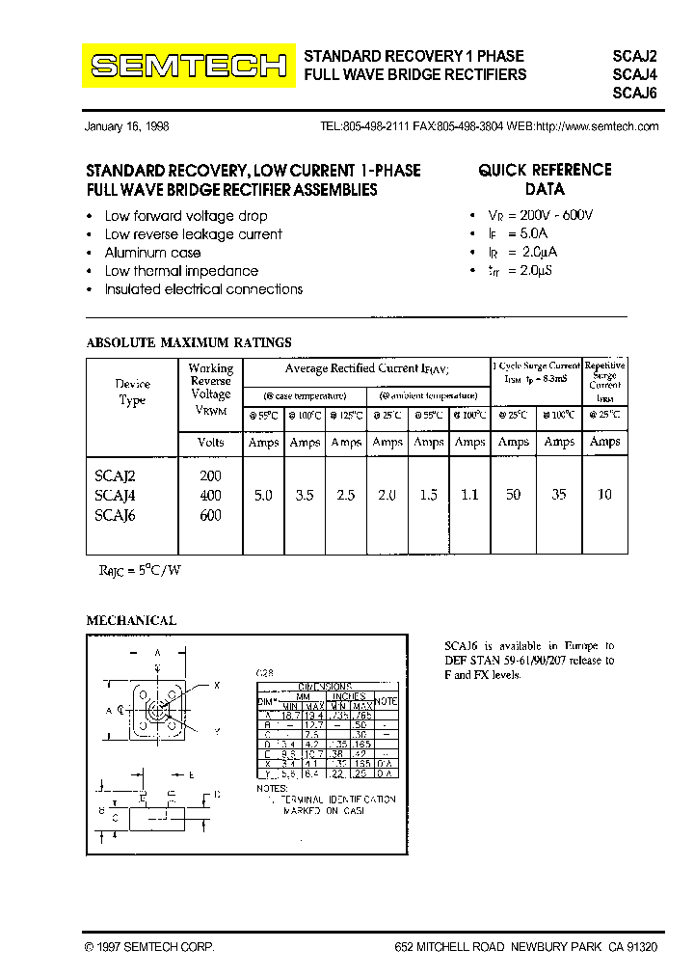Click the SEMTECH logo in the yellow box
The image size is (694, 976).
coord(188,66)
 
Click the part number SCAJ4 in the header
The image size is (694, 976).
coord(634,74)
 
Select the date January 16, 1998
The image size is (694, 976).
coord(126,126)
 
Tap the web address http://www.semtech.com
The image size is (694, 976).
coord(597,126)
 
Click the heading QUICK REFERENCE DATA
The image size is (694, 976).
coord(545,179)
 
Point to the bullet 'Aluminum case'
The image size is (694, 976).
coord(152,253)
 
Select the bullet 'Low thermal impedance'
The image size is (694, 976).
coord(181,271)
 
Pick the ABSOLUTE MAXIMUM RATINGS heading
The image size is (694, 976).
coord(189,342)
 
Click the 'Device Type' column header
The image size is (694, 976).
coord(132,393)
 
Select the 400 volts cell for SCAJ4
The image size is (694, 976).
coord(210,495)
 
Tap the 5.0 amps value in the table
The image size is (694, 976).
coord(262,495)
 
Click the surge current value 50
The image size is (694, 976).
coord(513,495)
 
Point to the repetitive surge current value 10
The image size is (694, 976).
coord(604,495)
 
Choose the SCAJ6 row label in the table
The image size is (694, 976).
coord(117,515)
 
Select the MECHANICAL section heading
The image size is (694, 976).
coord(131,621)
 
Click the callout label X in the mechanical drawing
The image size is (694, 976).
coord(217,685)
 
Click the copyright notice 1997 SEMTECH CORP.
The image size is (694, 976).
coord(149,948)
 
